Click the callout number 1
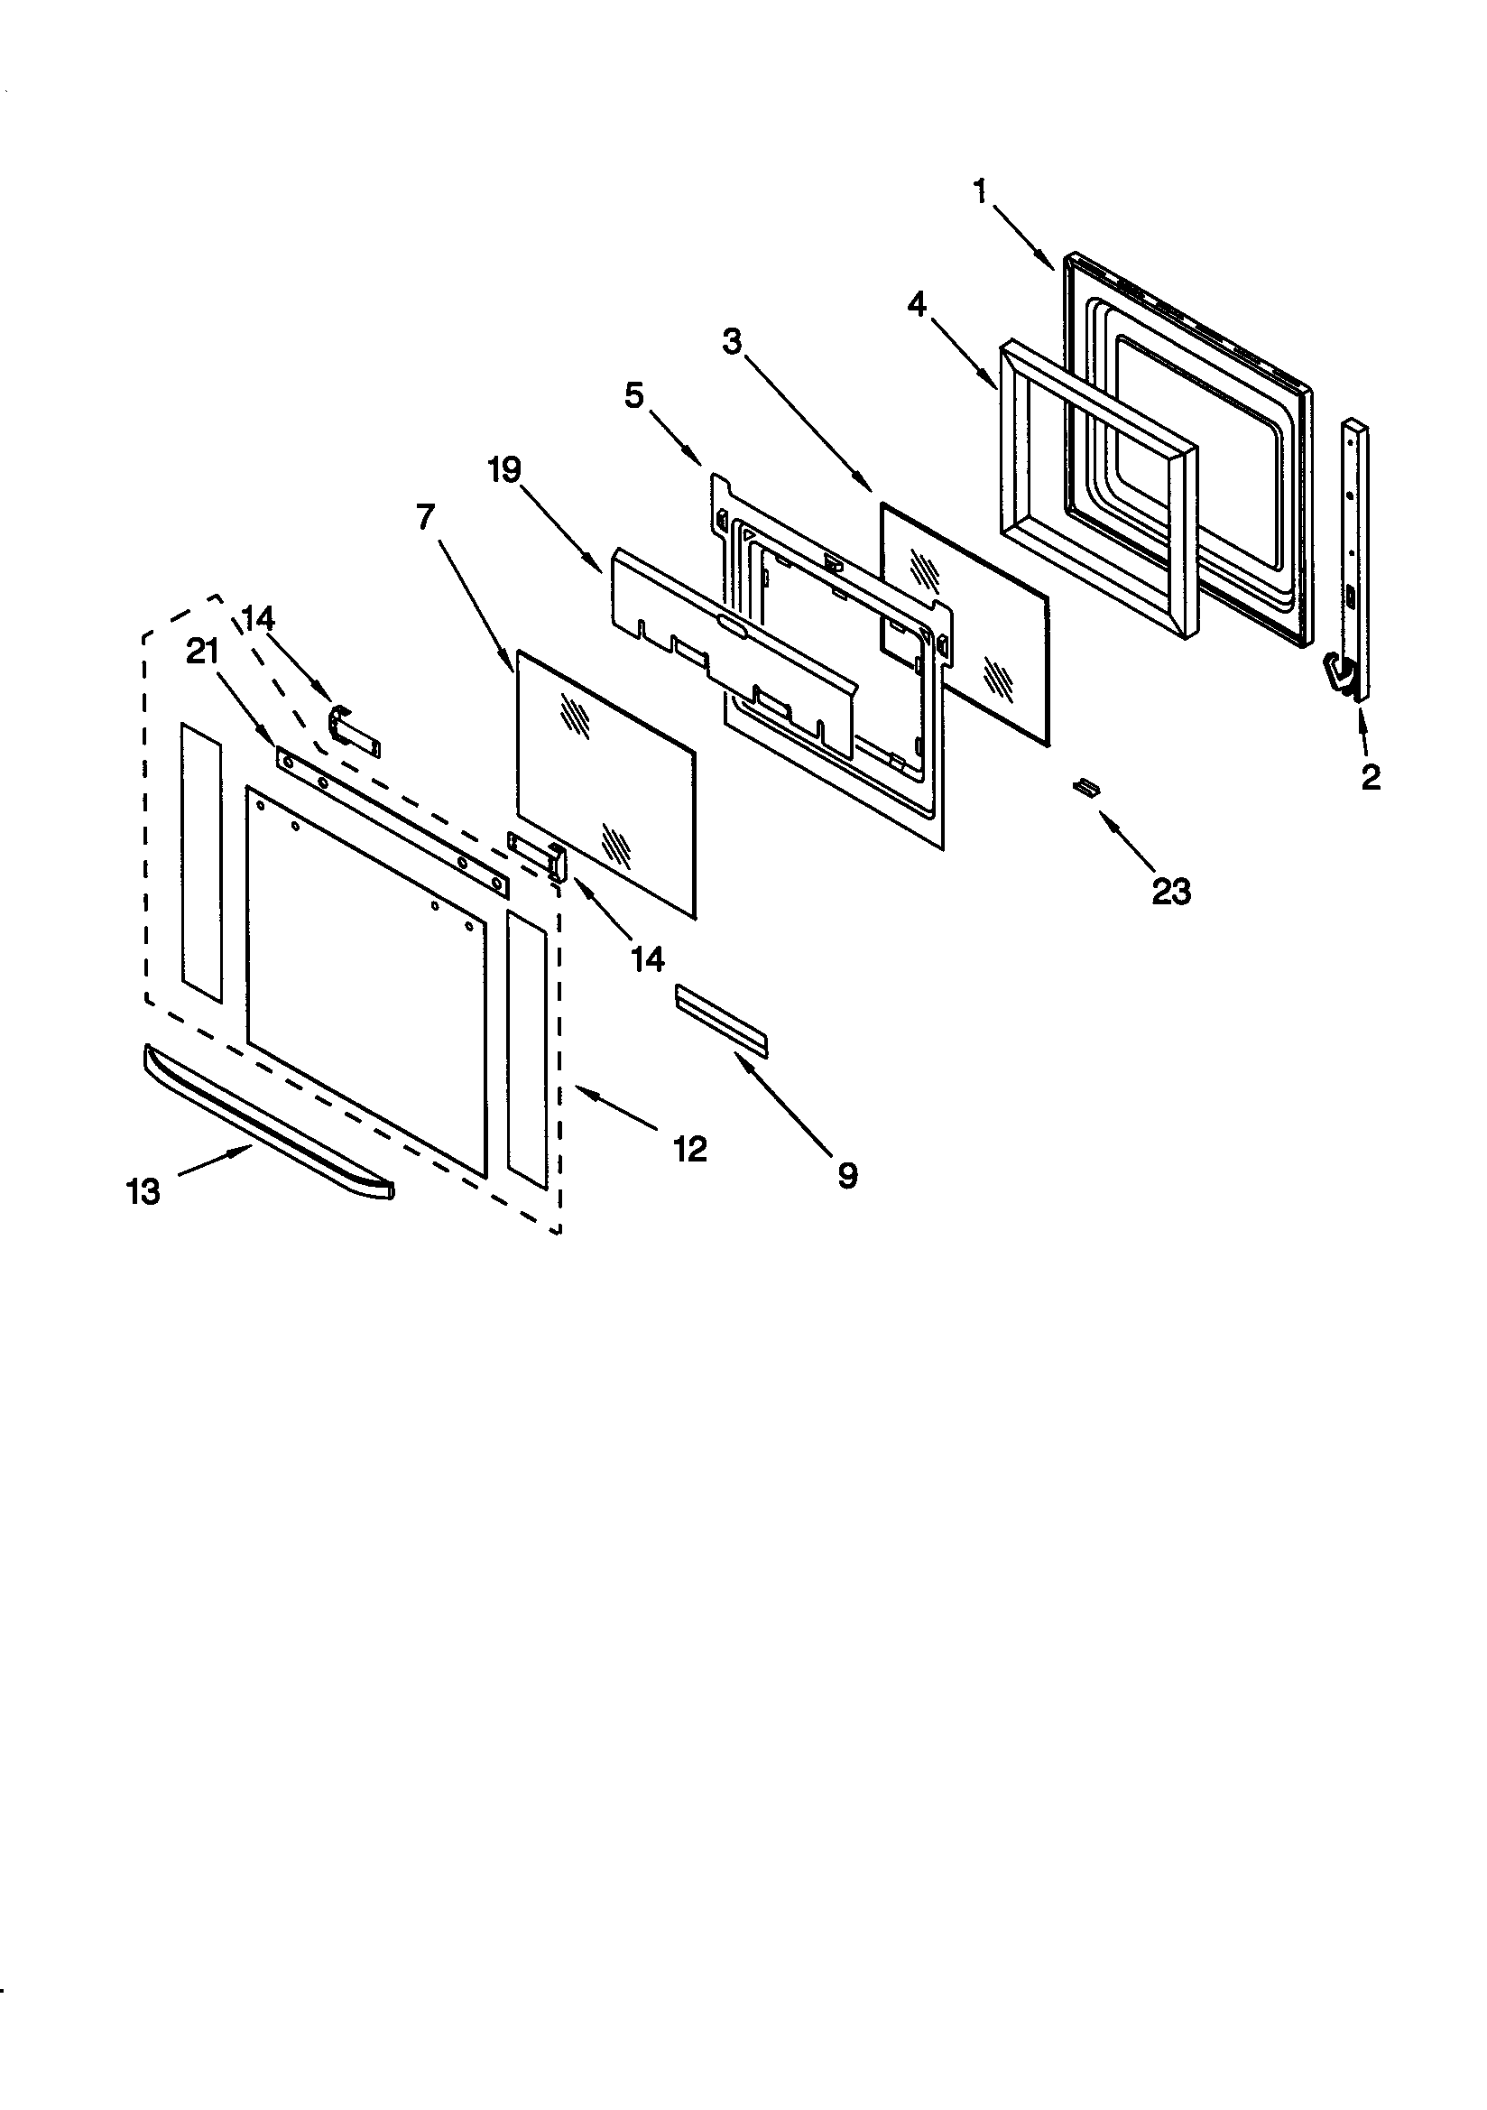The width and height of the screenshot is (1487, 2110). click(x=980, y=191)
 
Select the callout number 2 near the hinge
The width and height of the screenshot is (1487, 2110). click(x=1370, y=777)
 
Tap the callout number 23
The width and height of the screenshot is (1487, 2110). click(x=1171, y=891)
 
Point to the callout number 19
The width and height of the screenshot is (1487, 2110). click(x=504, y=469)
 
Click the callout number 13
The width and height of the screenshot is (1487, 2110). click(x=143, y=1192)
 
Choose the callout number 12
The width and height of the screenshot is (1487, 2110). click(x=690, y=1148)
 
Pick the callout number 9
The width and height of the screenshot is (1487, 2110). click(x=847, y=1174)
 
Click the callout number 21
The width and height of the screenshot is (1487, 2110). click(x=202, y=652)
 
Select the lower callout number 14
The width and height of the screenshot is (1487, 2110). click(x=647, y=958)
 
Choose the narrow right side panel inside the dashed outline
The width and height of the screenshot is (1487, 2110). click(x=527, y=1049)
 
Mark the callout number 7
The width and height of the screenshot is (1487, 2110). click(x=424, y=517)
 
